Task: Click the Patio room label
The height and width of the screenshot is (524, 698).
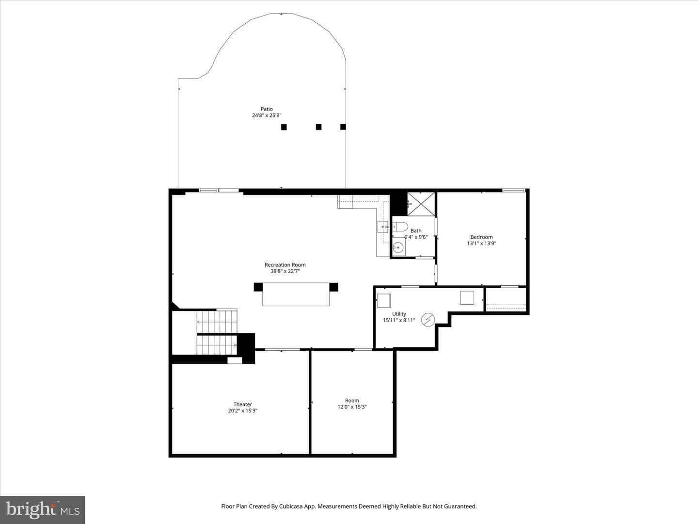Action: tap(267, 109)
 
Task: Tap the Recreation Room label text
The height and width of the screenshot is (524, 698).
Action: tap(285, 265)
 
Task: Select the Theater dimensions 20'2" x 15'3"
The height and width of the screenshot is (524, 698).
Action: tap(242, 411)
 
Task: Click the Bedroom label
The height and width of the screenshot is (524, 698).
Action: tap(481, 237)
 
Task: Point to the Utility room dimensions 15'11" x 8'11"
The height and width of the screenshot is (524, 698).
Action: tap(399, 320)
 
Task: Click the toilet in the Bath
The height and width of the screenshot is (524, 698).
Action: tap(400, 227)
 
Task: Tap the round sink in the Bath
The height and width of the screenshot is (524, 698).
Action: tap(398, 247)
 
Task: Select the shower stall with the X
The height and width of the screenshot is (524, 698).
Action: tap(421, 204)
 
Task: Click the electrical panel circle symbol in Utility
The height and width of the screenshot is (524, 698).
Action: tap(428, 320)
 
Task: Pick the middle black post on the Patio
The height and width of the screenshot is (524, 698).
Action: tap(318, 127)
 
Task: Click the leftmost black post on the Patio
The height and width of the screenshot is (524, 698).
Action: tap(284, 127)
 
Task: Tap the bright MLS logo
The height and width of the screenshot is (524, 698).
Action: tap(43, 510)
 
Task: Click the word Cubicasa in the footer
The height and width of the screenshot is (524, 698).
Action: tap(290, 506)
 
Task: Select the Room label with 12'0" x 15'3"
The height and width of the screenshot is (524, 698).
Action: tap(352, 401)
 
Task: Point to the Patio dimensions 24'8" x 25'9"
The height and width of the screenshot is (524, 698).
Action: tap(267, 115)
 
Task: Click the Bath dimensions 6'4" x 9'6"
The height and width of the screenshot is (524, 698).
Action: tap(416, 237)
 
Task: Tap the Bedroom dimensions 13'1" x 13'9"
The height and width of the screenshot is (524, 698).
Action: tap(481, 244)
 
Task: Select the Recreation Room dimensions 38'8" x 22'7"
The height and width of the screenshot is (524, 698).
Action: tap(285, 271)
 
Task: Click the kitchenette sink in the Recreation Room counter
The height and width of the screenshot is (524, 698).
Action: tap(383, 227)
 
